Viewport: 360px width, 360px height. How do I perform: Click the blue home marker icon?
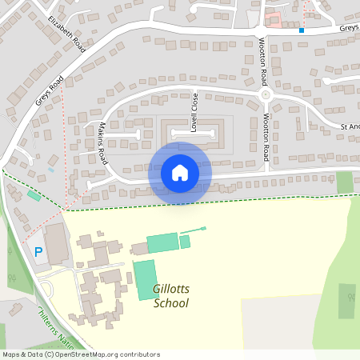click(x=180, y=173)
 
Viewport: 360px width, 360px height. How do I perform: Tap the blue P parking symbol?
click(x=38, y=252)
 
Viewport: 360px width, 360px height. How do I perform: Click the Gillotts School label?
click(x=171, y=297)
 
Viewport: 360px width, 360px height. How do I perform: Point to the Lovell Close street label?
click(x=194, y=113)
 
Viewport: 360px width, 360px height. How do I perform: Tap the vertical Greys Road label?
click(x=49, y=90)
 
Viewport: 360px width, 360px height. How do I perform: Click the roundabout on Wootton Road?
click(x=266, y=94)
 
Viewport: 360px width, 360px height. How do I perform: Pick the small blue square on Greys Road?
click(x=302, y=30)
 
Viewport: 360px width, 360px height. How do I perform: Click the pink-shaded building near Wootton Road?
click(x=273, y=20)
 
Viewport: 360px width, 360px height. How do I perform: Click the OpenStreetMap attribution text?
click(x=81, y=354)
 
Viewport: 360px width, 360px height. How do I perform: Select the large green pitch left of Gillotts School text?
click(x=145, y=279)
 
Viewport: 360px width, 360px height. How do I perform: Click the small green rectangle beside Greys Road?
click(x=34, y=195)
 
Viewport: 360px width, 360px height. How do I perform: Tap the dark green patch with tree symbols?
click(x=347, y=301)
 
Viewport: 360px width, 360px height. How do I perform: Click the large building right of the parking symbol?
click(x=58, y=243)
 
